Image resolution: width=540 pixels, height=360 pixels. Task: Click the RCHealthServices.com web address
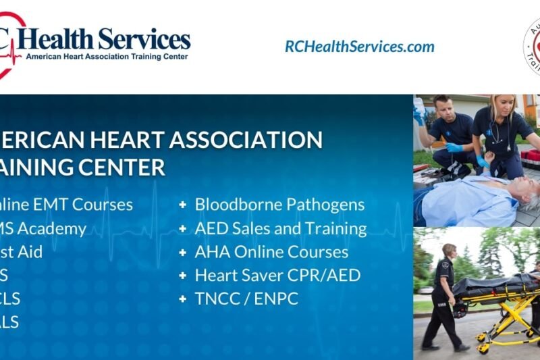click(x=359, y=47)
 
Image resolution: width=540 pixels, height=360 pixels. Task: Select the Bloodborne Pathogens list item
click(x=279, y=205)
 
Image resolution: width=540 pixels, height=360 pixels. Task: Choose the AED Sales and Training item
click(x=281, y=228)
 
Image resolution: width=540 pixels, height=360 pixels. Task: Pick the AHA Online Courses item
click(x=271, y=252)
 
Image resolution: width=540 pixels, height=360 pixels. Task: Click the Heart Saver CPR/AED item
click(x=277, y=276)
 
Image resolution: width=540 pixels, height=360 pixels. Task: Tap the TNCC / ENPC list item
click(x=246, y=299)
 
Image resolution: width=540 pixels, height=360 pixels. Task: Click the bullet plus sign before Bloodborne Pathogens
click(x=183, y=205)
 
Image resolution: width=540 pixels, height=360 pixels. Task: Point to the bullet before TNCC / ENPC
click(x=183, y=299)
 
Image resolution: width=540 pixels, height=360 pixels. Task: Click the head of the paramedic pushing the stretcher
click(x=449, y=251)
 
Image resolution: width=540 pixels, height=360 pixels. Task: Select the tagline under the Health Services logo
click(x=107, y=57)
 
